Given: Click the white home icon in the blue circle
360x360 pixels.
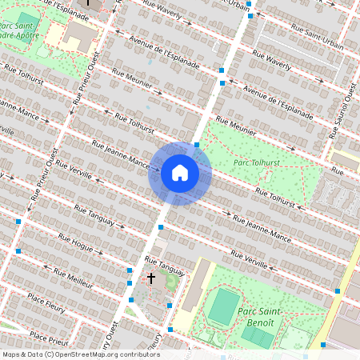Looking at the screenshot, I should [x=180, y=172].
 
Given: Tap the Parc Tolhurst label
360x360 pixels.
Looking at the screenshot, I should [x=257, y=163].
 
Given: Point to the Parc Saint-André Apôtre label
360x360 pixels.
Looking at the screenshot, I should [x=17, y=30].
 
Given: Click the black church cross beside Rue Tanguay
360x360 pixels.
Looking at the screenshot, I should [x=150, y=278].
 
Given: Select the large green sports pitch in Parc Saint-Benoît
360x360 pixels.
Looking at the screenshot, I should [x=224, y=306].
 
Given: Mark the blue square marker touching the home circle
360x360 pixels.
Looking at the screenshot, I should [x=197, y=145].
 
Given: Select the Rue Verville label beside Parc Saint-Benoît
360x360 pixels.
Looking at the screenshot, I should [x=250, y=259].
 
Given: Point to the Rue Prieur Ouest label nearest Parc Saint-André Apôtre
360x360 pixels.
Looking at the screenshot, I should [x=88, y=82].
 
